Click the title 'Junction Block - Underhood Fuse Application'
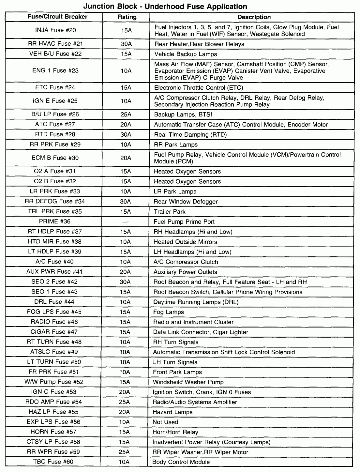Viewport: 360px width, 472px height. (x=165, y=6)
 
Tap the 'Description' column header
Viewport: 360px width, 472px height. (x=254, y=17)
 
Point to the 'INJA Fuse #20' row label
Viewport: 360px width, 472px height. (x=55, y=30)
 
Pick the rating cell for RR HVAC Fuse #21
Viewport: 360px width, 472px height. (x=126, y=44)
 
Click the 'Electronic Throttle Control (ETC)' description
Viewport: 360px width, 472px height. (x=199, y=88)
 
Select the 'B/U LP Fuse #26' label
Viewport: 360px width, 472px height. (x=55, y=114)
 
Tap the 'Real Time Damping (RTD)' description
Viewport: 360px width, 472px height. (x=190, y=135)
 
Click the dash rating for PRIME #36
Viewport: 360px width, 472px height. (x=125, y=222)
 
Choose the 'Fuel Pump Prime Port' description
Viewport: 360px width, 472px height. (x=184, y=222)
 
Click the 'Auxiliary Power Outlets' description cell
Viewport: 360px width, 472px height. (x=185, y=272)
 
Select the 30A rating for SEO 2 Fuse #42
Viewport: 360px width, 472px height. (x=125, y=282)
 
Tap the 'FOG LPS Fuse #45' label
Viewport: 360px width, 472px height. (x=54, y=312)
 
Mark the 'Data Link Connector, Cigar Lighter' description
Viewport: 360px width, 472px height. (x=201, y=332)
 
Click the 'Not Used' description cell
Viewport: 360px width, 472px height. (x=165, y=422)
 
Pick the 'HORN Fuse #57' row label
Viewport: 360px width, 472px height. (x=53, y=432)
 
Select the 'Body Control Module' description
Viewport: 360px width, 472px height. (x=181, y=462)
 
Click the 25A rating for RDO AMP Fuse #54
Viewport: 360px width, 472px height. (x=125, y=402)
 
